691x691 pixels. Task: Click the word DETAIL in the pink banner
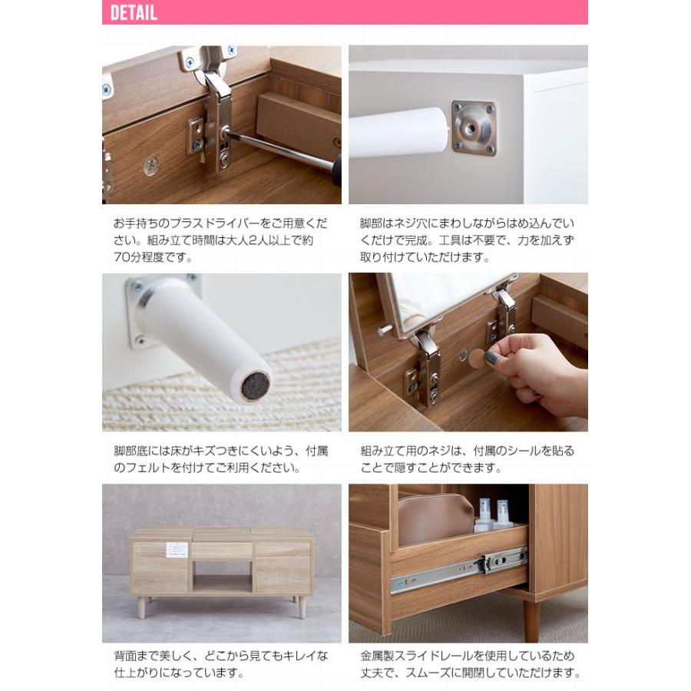(x=134, y=13)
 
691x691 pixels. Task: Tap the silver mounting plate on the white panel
(x=474, y=127)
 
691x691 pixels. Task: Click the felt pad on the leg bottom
(x=256, y=386)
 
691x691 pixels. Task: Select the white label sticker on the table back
(x=176, y=550)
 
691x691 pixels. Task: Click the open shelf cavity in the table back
(x=222, y=577)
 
